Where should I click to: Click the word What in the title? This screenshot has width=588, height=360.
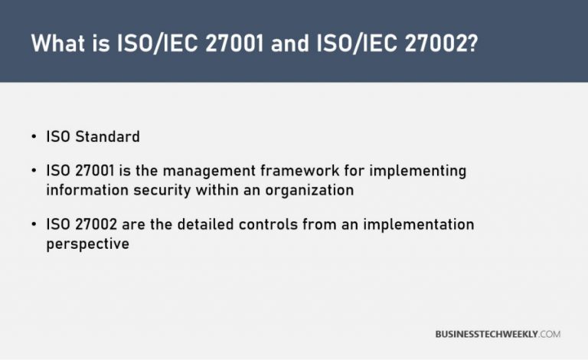pyautogui.click(x=58, y=44)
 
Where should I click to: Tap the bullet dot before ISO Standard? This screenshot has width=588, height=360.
pyautogui.click(x=34, y=137)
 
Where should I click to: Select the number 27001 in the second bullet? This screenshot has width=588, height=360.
pyautogui.click(x=91, y=171)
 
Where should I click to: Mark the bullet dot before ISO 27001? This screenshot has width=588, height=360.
pyautogui.click(x=34, y=171)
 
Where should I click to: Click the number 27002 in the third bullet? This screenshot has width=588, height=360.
pyautogui.click(x=92, y=224)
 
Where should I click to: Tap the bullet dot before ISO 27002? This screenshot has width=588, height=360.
pyautogui.click(x=34, y=224)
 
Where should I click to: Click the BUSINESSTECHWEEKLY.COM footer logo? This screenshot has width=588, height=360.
pyautogui.click(x=497, y=335)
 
